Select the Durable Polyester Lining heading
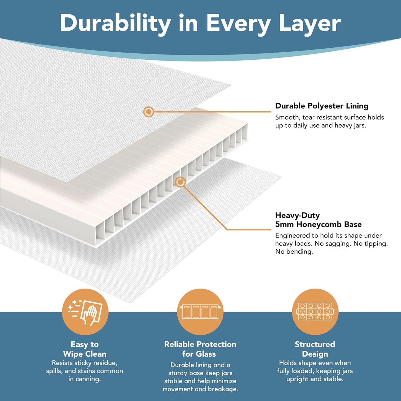point(322,106)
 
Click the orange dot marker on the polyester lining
point(148,112)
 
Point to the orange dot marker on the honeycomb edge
point(180,182)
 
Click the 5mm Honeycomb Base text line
point(318,225)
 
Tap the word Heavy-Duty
point(297,215)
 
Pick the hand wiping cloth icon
point(85,312)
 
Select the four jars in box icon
point(200,312)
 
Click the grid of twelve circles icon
point(315,312)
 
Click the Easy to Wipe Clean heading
point(85,349)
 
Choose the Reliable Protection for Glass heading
point(200,349)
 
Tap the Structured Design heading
point(315,349)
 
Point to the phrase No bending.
point(294,252)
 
